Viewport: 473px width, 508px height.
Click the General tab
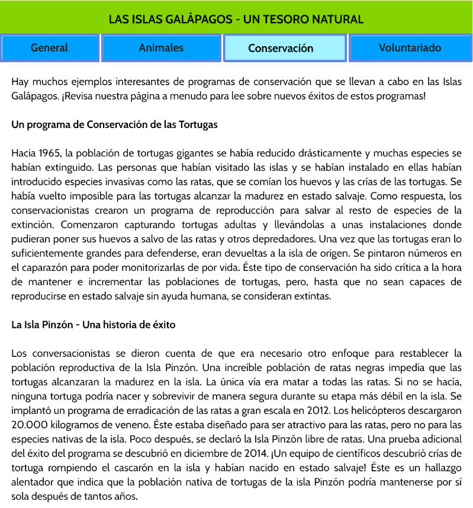coord(50,48)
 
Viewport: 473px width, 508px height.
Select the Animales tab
coord(161,48)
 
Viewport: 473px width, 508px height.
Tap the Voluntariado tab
coord(410,48)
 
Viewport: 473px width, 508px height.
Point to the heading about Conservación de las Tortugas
coord(115,125)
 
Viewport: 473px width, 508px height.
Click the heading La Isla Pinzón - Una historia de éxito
coord(94,325)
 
